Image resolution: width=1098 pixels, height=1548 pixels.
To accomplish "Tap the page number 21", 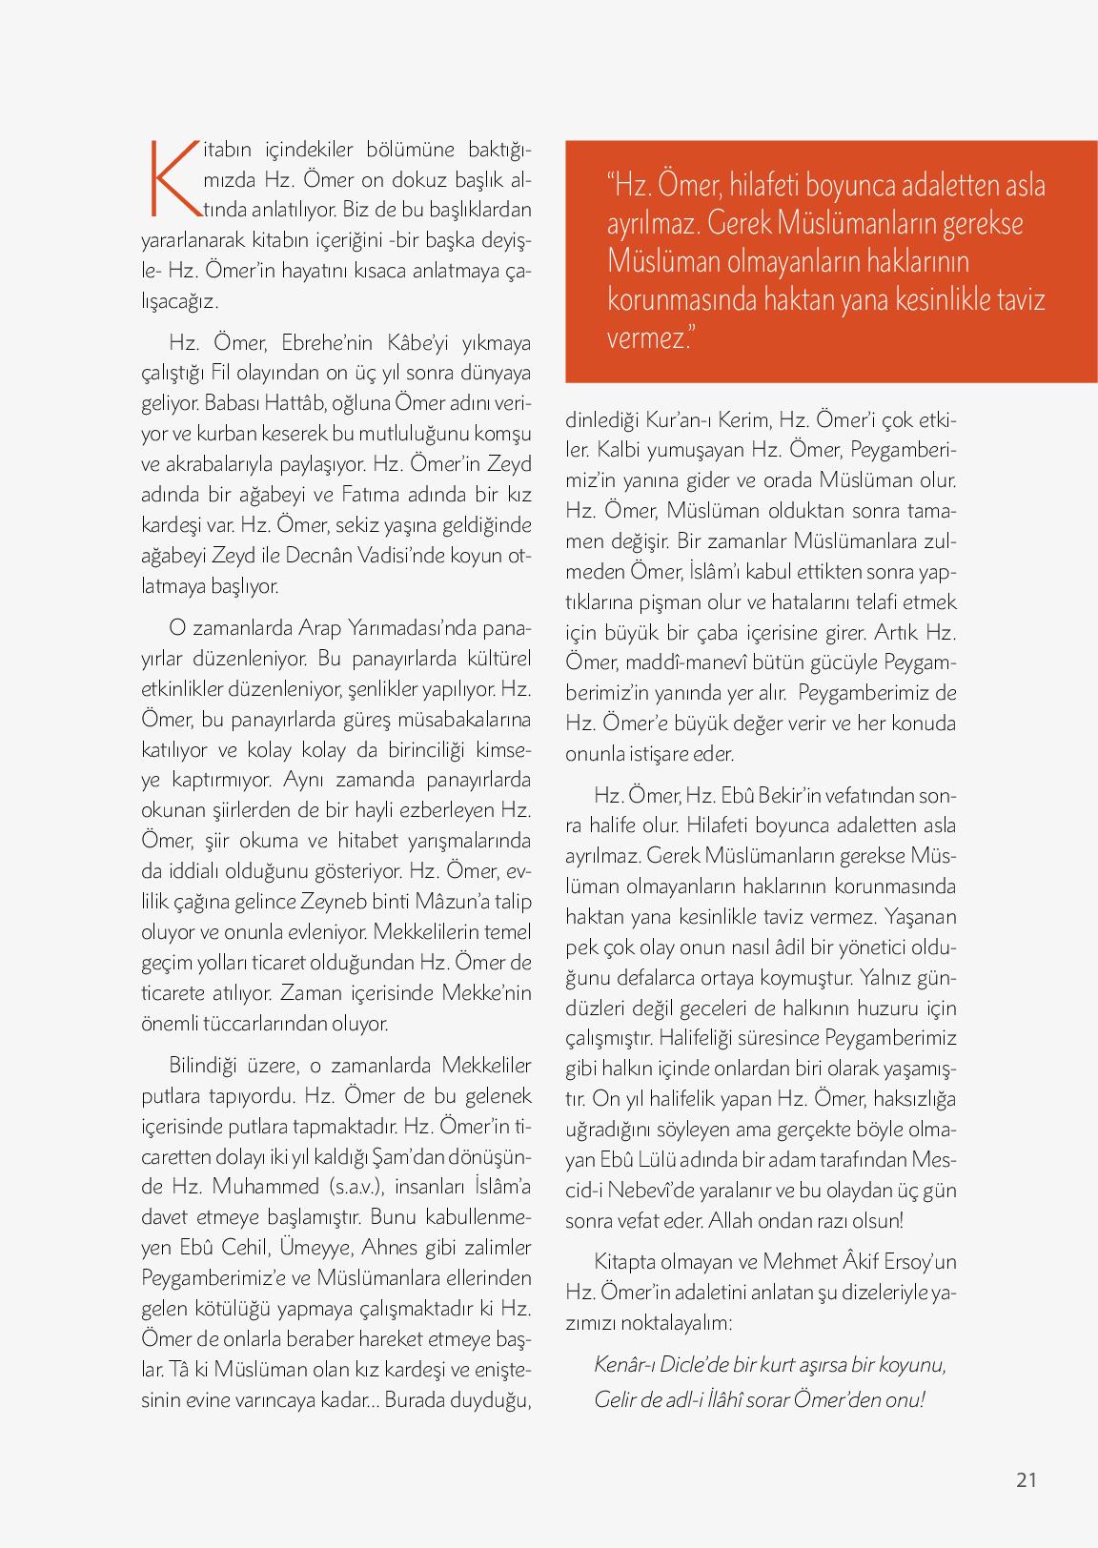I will [x=1026, y=1479].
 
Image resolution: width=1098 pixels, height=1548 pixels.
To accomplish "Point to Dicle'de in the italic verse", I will [x=689, y=1365].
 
